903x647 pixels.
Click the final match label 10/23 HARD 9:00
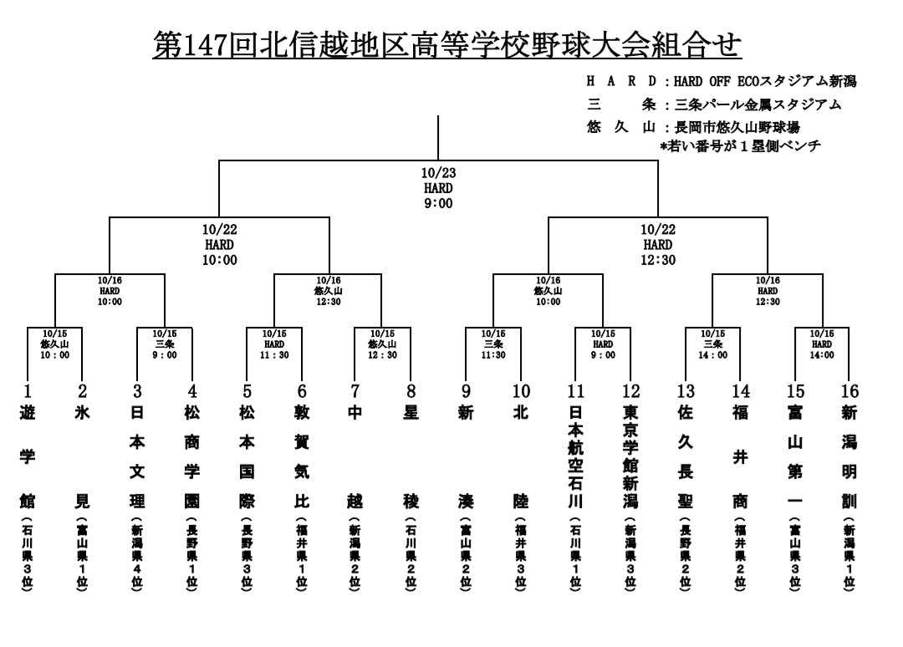pos(438,188)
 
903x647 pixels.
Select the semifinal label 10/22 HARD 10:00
pos(220,244)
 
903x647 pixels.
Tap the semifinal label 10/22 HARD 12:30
pos(657,244)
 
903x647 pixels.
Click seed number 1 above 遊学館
pos(28,391)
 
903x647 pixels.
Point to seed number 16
pos(849,391)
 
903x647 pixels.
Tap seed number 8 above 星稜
pos(411,391)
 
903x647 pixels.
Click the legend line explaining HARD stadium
pos(722,82)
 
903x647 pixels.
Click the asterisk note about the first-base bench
pos(740,146)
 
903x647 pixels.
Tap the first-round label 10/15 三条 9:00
pos(165,344)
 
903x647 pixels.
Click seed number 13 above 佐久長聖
pos(686,391)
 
